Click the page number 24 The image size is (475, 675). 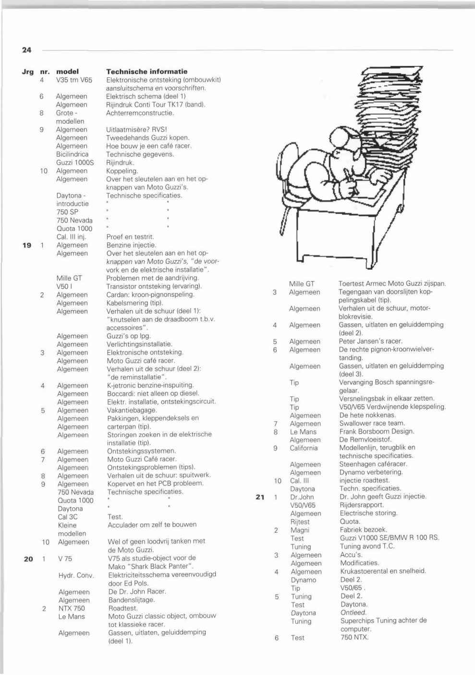[26, 50]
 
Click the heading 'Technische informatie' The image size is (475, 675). [146, 72]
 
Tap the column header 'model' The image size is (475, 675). [67, 72]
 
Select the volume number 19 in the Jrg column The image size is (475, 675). [27, 245]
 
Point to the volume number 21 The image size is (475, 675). [260, 497]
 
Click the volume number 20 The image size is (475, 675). [28, 559]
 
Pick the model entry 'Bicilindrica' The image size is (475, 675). [72, 154]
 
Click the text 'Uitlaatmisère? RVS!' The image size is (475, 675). [136, 130]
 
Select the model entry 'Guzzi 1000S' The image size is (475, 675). [74, 162]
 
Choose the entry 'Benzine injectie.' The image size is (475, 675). [131, 245]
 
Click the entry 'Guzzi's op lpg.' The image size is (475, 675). [129, 336]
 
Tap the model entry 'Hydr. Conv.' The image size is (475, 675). [76, 575]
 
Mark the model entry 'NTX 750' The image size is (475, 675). [72, 608]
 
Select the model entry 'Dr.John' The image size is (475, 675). [302, 497]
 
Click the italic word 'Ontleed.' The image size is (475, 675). [353, 612]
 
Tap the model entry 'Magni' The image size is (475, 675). [300, 530]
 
